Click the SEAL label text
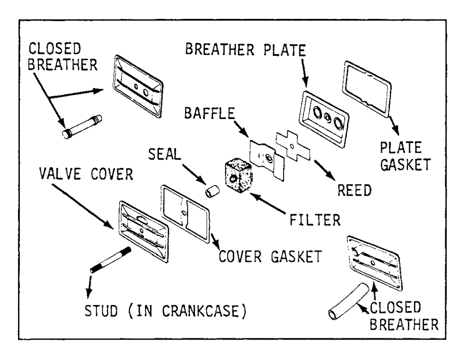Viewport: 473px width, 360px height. click(164, 154)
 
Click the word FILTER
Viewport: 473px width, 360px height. click(315, 220)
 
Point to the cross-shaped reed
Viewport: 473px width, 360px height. click(292, 146)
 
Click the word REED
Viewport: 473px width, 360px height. click(354, 190)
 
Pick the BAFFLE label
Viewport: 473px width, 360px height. click(210, 113)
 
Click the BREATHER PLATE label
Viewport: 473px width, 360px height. click(246, 50)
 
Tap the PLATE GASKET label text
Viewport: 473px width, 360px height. click(405, 156)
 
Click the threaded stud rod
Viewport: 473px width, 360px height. click(111, 260)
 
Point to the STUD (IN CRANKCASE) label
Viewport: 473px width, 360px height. click(165, 311)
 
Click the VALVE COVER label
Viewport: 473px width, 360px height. click(86, 174)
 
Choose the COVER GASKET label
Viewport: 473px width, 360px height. click(270, 257)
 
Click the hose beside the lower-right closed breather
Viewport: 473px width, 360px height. click(348, 301)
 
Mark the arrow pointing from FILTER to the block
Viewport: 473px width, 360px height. click(267, 204)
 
